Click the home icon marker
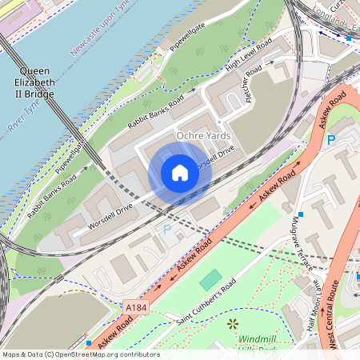pyautogui.click(x=180, y=173)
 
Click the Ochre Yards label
pyautogui.click(x=203, y=136)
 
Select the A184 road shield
pyautogui.click(x=136, y=306)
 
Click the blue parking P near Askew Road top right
pyautogui.click(x=330, y=141)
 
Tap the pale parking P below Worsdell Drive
pyautogui.click(x=167, y=229)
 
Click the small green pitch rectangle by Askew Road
pyautogui.click(x=210, y=280)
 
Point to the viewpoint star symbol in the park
pyautogui.click(x=233, y=323)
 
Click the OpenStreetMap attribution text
pyautogui.click(x=80, y=354)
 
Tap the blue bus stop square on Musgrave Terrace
pyautogui.click(x=301, y=214)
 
